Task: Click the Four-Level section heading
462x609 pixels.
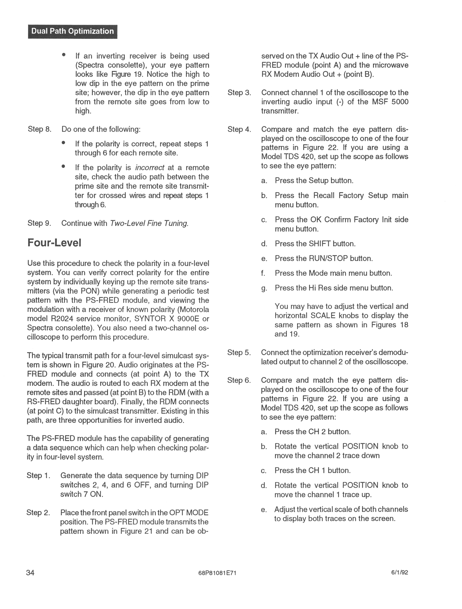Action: point(54,243)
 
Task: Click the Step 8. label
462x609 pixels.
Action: point(39,129)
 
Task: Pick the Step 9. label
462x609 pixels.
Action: point(39,223)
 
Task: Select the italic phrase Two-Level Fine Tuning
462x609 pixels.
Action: point(149,223)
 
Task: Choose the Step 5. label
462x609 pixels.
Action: point(239,352)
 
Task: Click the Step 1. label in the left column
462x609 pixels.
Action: point(38,476)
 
